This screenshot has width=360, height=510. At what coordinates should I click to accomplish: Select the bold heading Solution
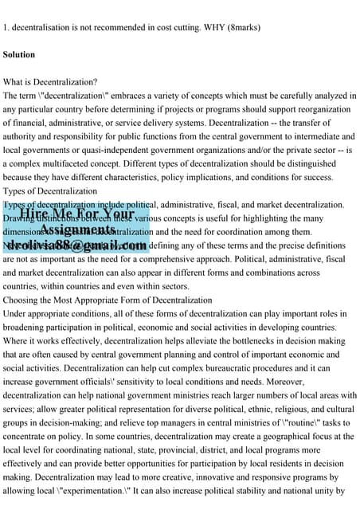[19, 55]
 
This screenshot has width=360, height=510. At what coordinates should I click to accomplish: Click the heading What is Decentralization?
[50, 82]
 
